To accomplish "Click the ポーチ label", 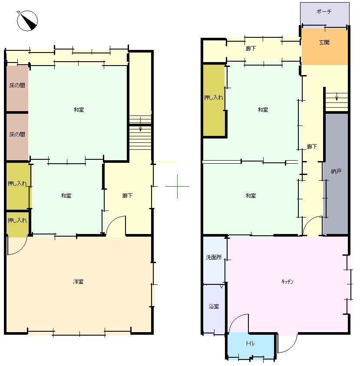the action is pyautogui.click(x=324, y=11).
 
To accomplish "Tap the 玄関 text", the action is pyautogui.click(x=324, y=42).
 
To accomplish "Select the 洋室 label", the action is pyautogui.click(x=78, y=282).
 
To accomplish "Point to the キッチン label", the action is pyautogui.click(x=287, y=281).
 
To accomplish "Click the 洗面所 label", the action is pyautogui.click(x=214, y=257).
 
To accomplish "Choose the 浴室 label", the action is pyautogui.click(x=214, y=306).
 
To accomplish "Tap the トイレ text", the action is pyautogui.click(x=250, y=343).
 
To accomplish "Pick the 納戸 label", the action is pyautogui.click(x=336, y=171).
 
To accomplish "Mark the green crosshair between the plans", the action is pyautogui.click(x=177, y=187).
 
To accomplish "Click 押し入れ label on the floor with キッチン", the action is pyautogui.click(x=214, y=97).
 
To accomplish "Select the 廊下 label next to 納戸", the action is pyautogui.click(x=312, y=147).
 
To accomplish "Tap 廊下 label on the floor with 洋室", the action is pyautogui.click(x=128, y=196).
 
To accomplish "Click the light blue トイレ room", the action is pyautogui.click(x=250, y=346).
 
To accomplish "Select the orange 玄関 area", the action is pyautogui.click(x=324, y=47).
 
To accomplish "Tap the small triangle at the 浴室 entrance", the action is pyautogui.click(x=221, y=286).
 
